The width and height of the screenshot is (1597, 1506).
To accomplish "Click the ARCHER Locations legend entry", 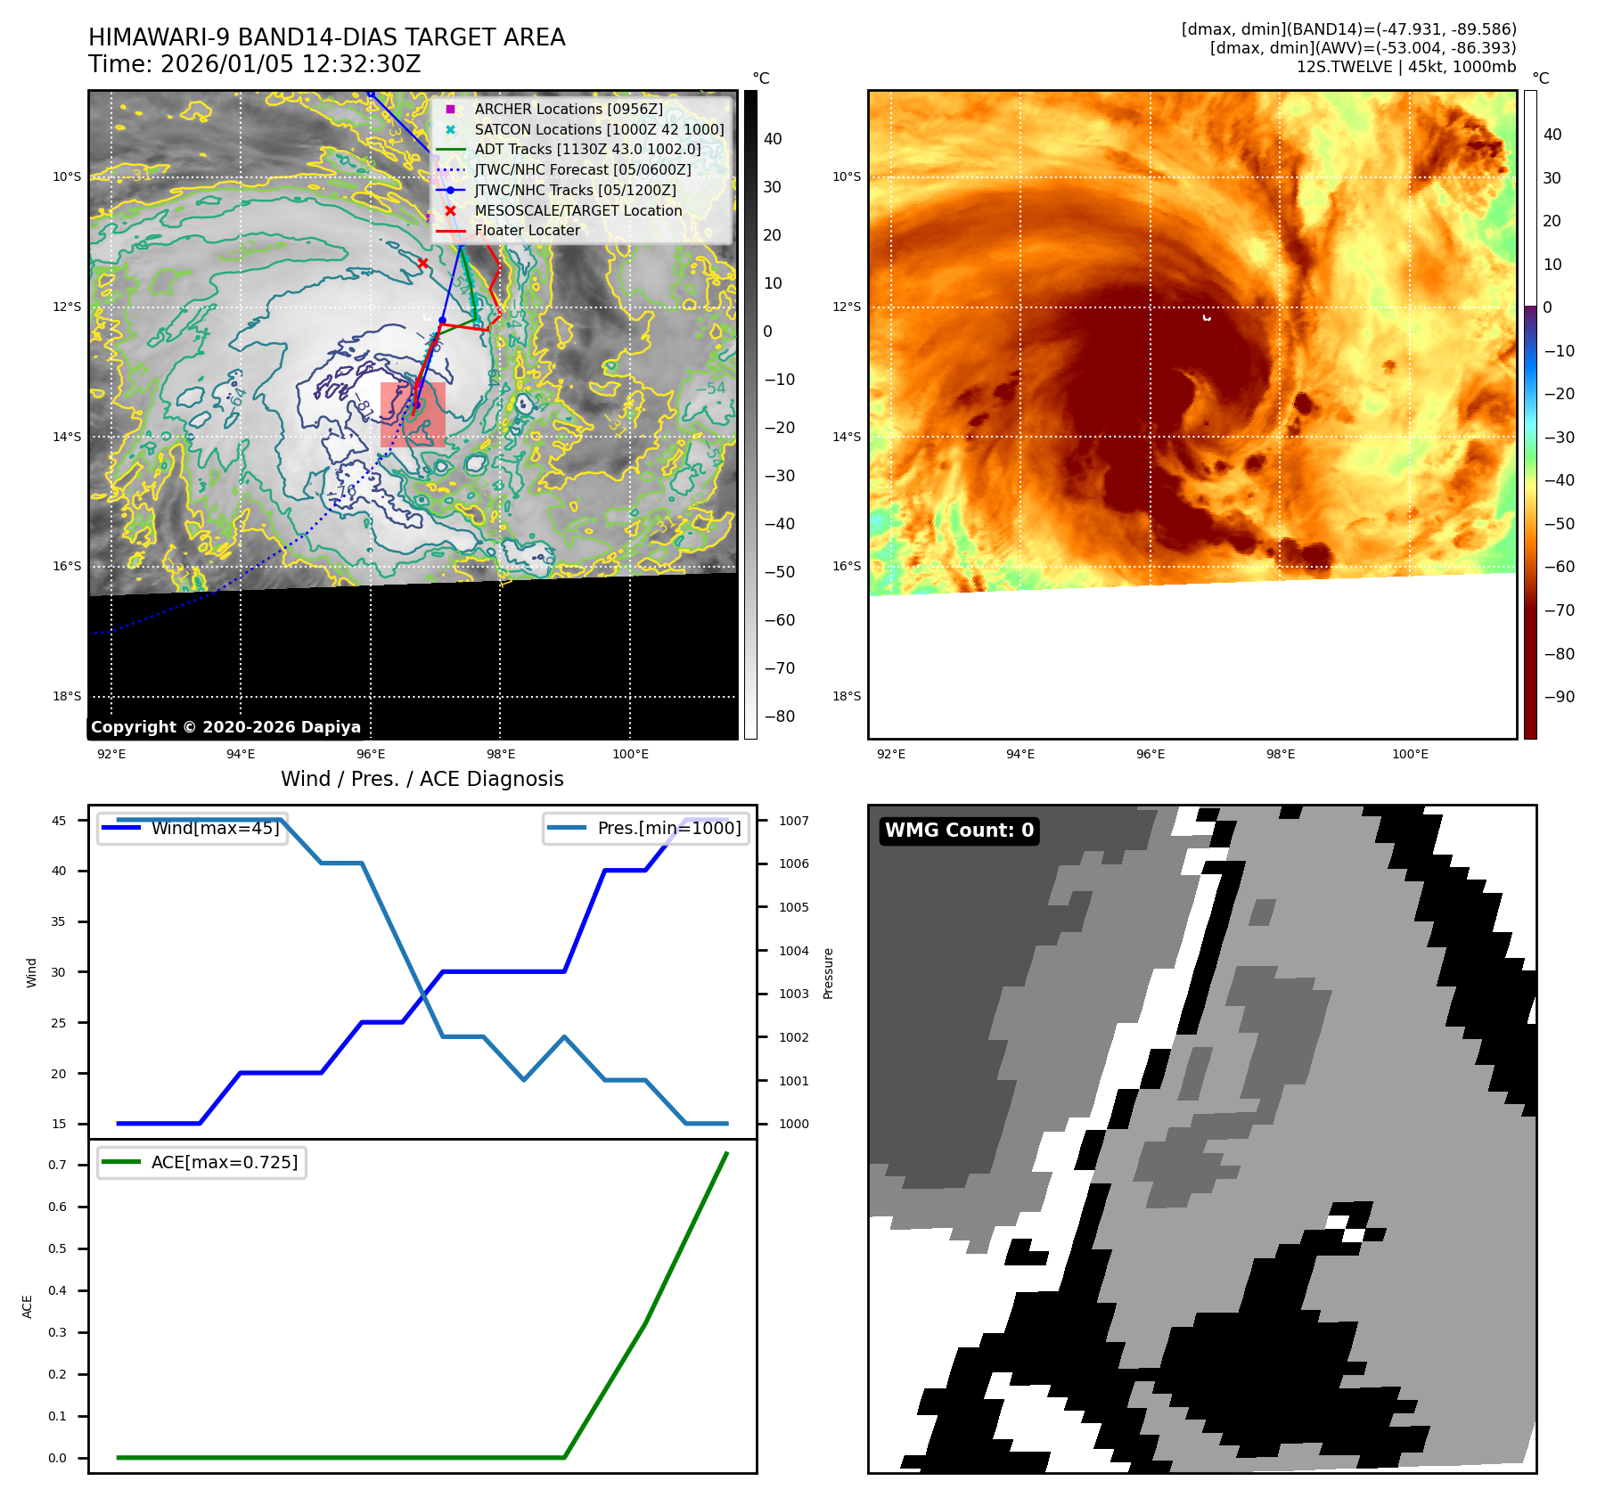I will pos(568,109).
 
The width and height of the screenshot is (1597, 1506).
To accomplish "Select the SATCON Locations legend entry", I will pos(598,129).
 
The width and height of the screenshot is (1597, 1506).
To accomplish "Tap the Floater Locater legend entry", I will pos(527,230).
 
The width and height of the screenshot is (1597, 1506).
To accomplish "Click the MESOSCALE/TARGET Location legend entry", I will pos(577,210).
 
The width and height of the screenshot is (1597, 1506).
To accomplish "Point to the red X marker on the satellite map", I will pos(422,263).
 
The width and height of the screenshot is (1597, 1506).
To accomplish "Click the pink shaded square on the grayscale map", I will pos(413,414).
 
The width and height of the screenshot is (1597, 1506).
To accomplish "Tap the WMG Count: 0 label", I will pos(959,831).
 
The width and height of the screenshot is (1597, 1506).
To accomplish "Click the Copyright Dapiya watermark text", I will pos(225,727).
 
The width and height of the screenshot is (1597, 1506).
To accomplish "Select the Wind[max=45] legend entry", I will pos(215,828).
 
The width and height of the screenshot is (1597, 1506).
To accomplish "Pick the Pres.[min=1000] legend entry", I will pos(668,828).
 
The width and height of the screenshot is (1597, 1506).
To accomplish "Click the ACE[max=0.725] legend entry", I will pos(224,1162).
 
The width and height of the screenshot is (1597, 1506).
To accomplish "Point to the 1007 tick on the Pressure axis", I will pos(793,821).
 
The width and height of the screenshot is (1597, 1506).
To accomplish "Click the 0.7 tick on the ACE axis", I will pos(58,1165).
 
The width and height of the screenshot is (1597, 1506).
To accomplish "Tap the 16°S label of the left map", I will pos(67,566).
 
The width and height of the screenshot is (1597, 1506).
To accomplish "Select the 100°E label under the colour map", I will pos(1410,754).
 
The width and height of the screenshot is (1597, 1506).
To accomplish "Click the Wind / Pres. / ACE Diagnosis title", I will pos(422,779).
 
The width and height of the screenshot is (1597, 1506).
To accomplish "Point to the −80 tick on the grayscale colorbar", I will pos(779,716).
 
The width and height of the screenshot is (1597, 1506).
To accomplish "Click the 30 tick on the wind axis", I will pos(59,972).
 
